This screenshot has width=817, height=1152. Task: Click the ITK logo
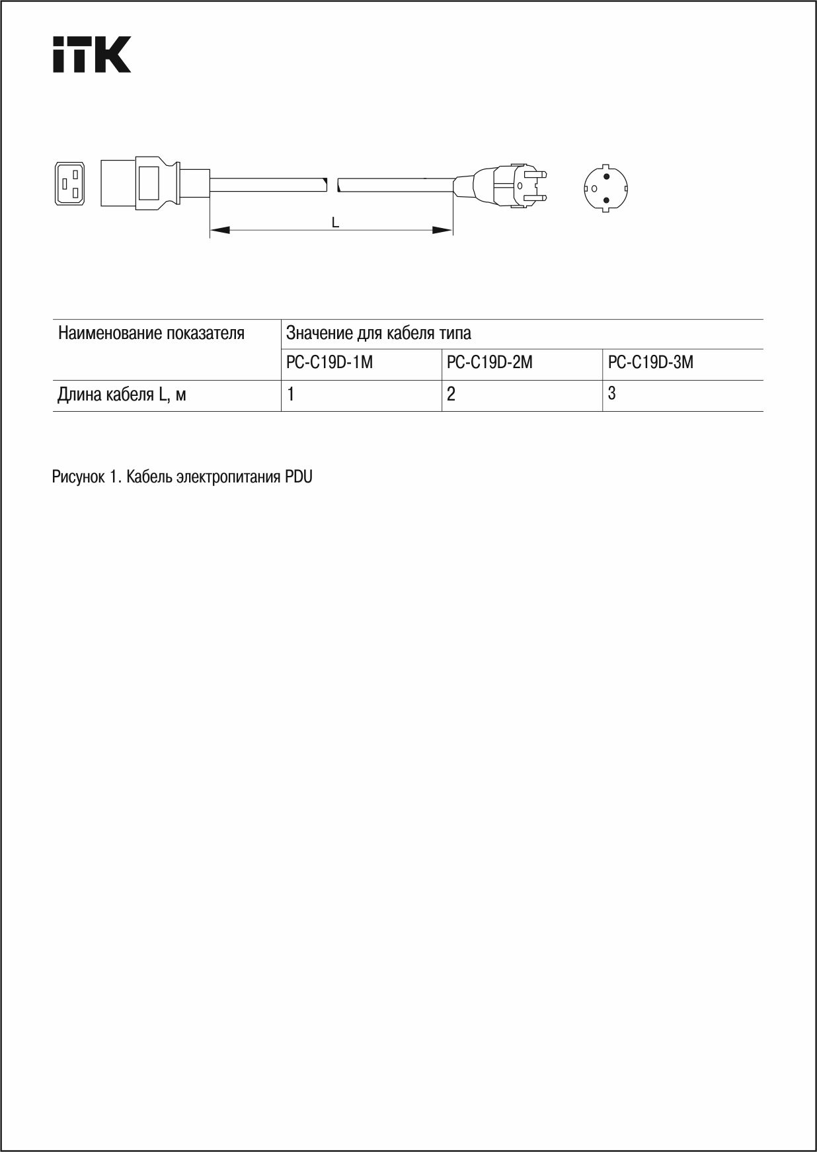tap(92, 54)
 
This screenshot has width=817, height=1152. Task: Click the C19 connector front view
tap(70, 183)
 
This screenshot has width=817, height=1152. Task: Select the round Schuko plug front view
tap(605, 188)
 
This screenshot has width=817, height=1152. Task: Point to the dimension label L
tap(336, 223)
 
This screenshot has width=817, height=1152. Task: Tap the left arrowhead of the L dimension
tap(220, 230)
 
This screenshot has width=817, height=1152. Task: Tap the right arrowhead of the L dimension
tap(442, 230)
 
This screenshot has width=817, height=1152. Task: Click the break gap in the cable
tap(332, 184)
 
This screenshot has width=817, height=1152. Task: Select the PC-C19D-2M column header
tap(490, 363)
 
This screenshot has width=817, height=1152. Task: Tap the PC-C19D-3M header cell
tap(650, 363)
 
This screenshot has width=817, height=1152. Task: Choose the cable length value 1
tap(291, 395)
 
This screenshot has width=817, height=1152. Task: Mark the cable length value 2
tap(451, 395)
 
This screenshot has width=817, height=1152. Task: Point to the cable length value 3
tap(612, 393)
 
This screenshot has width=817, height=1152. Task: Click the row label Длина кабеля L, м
tap(122, 395)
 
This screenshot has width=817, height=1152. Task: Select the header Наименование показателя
tap(151, 333)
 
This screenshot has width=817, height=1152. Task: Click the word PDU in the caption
tap(299, 477)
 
